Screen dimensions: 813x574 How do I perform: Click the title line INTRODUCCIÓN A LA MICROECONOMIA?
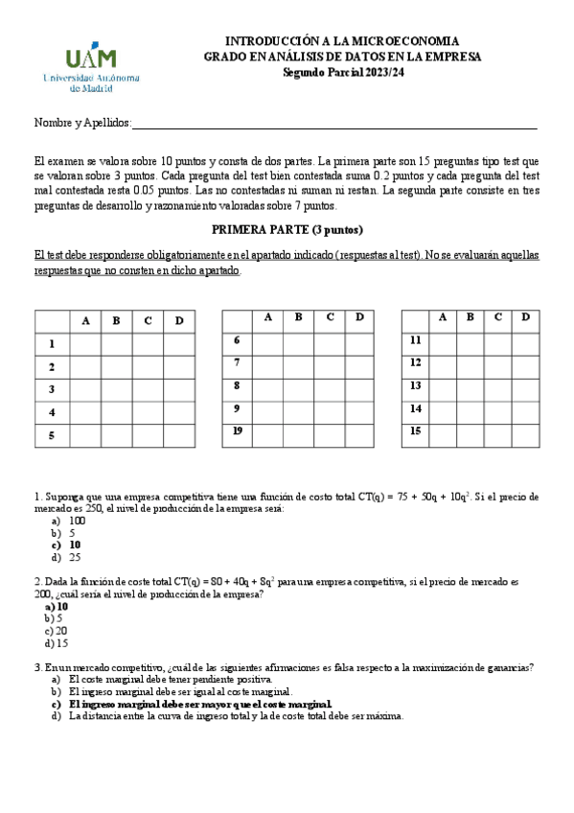pos(342,42)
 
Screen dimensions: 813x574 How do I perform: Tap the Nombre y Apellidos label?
pos(81,124)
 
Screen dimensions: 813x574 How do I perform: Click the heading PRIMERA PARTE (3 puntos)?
pos(287,230)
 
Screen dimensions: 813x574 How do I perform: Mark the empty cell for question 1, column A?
pos(86,343)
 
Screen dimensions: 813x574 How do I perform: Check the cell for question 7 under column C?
pos(329,363)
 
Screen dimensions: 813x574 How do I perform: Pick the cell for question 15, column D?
pos(525,430)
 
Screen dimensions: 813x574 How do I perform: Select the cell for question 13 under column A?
pos(442,385)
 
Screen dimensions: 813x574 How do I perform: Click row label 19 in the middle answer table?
pos(237,431)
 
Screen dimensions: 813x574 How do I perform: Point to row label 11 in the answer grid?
pos(415,340)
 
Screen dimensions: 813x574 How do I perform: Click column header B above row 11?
pos(470,317)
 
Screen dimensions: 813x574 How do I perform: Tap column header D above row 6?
pos(358,317)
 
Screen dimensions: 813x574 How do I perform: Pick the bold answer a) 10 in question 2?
pos(57,606)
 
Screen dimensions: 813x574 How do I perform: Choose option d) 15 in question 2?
pos(57,643)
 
